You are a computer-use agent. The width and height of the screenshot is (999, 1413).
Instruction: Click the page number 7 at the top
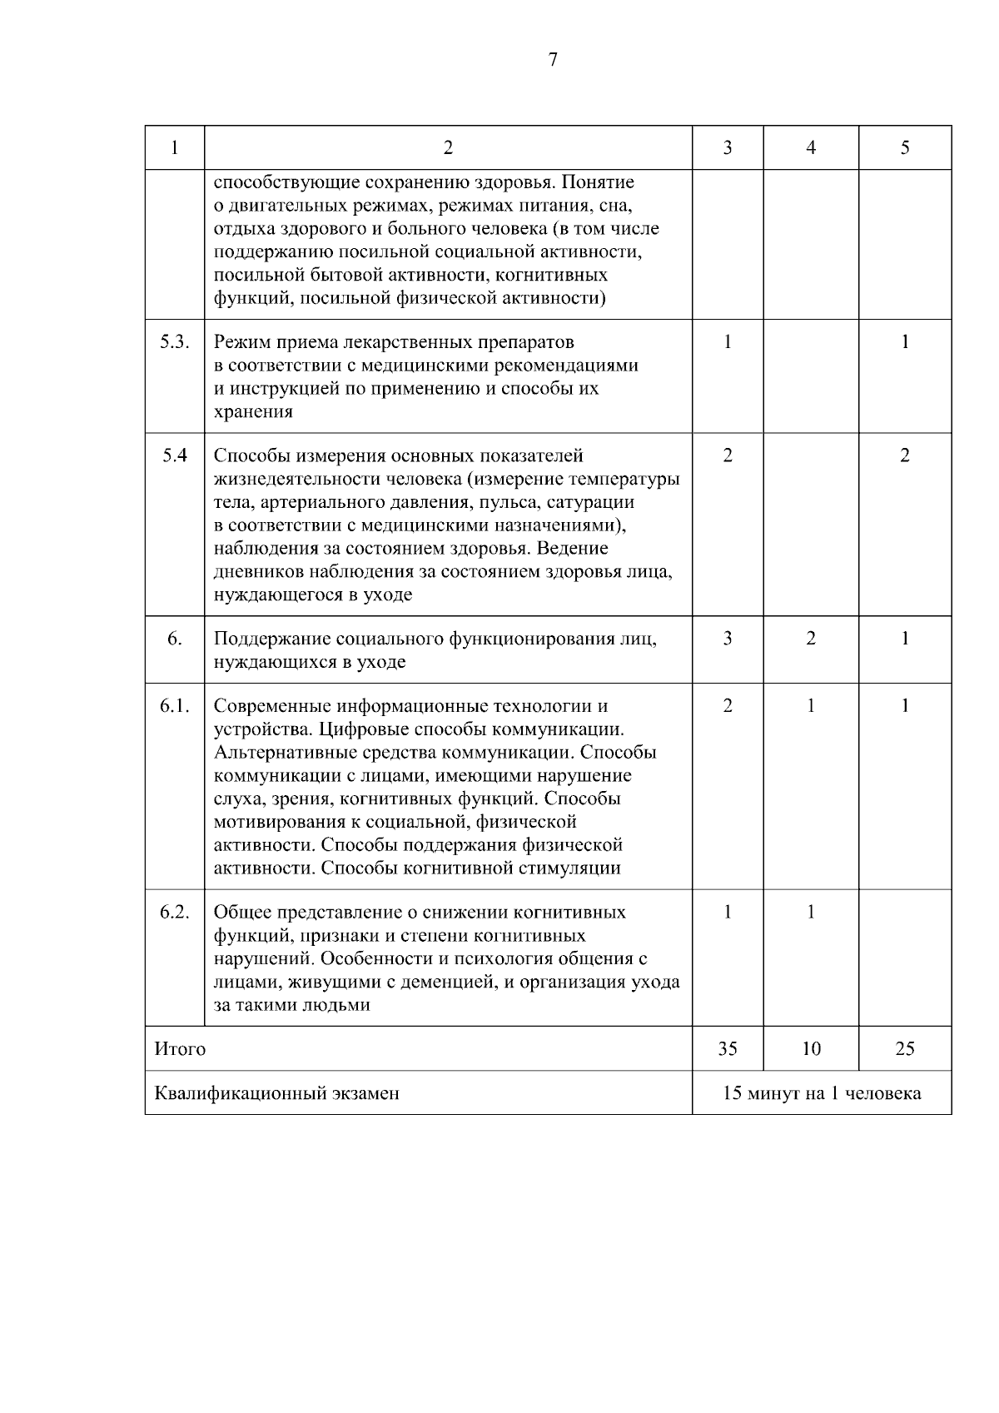coord(553,59)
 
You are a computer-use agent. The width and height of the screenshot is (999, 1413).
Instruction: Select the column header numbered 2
coord(448,148)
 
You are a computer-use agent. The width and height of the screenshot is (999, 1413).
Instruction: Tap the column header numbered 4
coord(811,148)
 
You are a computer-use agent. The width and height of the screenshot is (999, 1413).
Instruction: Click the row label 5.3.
coord(175,342)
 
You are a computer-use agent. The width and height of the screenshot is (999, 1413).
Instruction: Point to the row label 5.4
coord(175,455)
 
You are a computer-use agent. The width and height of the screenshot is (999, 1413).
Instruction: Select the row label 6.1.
coord(175,706)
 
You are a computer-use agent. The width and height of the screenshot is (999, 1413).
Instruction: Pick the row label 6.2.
coord(175,912)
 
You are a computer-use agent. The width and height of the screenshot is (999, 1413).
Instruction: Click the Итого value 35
coord(728,1048)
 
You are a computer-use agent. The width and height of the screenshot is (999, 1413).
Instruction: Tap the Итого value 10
coord(811,1048)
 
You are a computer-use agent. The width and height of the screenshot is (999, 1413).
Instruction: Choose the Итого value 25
coord(905,1048)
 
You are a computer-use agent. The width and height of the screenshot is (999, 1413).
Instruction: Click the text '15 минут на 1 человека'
coord(822,1093)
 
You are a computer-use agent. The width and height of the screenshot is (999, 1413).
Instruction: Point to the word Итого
coord(180,1049)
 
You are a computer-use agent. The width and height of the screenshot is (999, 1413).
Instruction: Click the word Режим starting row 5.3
coord(240,342)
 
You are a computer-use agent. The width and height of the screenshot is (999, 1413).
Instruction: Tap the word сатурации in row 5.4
coord(594,502)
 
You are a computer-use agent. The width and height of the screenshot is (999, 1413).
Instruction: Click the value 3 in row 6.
coord(728,639)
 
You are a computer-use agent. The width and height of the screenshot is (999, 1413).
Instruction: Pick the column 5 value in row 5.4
coord(905,455)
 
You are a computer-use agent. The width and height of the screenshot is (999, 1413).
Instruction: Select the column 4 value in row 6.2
coord(811,912)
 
